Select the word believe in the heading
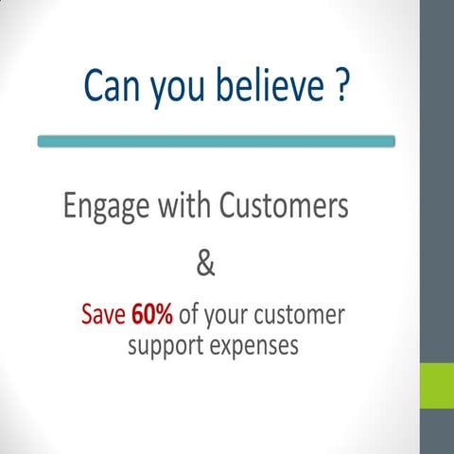point(268,86)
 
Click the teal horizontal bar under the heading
point(216,141)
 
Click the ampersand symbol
point(205,265)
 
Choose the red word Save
point(103,314)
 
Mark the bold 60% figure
point(152,314)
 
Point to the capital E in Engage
point(70,205)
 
